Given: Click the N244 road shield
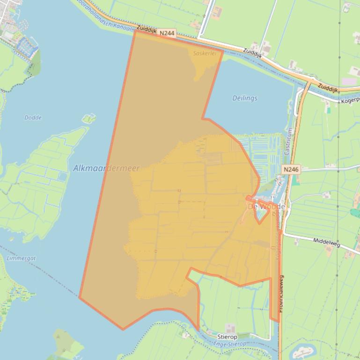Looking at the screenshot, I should click(167, 33).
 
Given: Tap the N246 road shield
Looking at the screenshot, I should click(291, 169).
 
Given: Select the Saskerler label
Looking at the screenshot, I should click(205, 53).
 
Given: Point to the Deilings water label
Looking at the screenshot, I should click(245, 98).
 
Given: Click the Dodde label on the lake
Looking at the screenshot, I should click(33, 118).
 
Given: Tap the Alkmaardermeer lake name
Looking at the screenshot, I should click(106, 168).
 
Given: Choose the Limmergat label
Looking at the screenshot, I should click(21, 258).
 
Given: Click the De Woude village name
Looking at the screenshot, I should click(266, 206).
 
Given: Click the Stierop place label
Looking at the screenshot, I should click(228, 337).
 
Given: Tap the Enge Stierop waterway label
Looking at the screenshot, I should click(229, 344).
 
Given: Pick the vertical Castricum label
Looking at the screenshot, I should click(288, 142).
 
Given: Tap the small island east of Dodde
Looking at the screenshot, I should click(88, 118).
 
